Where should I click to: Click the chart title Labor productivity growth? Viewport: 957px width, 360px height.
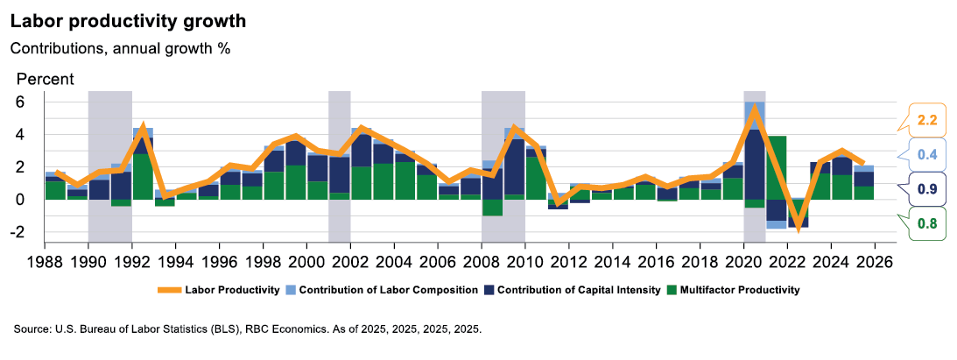tap(128, 19)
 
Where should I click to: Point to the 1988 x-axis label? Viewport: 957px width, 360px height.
tap(46, 262)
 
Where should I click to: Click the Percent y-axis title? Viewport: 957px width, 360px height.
tap(46, 79)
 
